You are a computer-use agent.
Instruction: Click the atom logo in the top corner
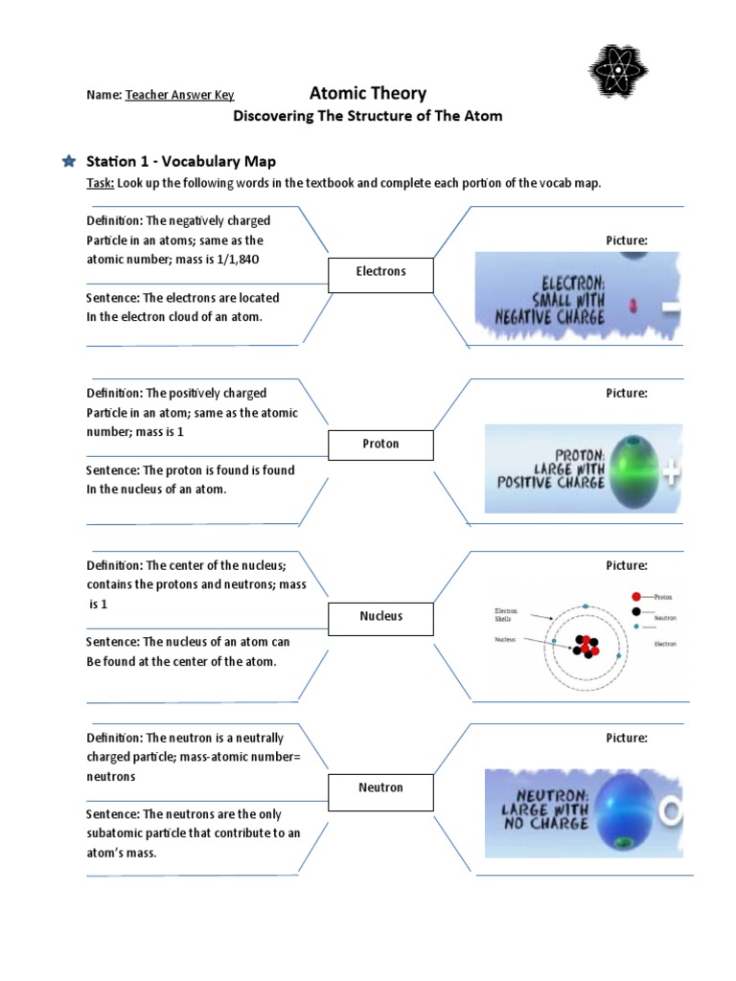617,71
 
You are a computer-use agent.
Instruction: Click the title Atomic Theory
368,93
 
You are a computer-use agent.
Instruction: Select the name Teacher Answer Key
179,95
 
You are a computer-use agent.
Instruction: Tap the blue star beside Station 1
68,161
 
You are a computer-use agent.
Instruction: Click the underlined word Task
100,184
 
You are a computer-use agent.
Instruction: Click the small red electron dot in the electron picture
632,305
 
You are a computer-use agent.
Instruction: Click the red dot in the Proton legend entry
636,596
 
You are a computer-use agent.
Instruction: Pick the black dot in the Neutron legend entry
635,611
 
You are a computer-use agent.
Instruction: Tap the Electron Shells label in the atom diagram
505,614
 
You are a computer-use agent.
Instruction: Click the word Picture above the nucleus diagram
627,565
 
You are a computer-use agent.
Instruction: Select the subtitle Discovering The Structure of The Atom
368,116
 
